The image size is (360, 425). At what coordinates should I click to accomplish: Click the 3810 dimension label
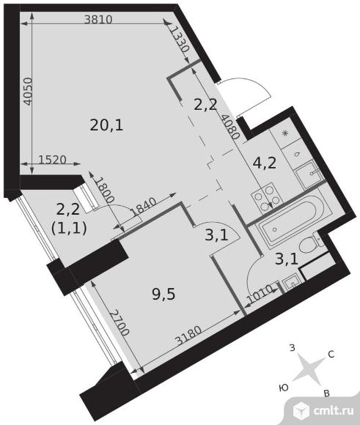tap(98, 19)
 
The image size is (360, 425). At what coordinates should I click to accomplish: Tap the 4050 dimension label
tap(28, 92)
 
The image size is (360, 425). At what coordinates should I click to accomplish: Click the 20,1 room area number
tap(106, 125)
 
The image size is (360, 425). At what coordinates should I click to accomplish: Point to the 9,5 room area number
tap(164, 295)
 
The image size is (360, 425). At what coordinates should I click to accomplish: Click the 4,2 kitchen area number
tap(265, 163)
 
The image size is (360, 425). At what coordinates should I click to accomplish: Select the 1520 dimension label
tap(52, 160)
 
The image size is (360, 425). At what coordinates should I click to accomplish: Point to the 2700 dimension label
tap(119, 322)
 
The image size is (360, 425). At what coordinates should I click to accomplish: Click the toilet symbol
tap(310, 242)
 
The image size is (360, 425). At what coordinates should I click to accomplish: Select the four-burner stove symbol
tap(266, 197)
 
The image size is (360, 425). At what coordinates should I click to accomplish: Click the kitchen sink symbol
tap(308, 174)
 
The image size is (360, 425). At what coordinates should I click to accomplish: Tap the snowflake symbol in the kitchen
tap(285, 133)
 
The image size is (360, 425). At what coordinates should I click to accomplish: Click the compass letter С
tap(331, 354)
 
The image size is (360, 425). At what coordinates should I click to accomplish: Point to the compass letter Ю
tap(283, 388)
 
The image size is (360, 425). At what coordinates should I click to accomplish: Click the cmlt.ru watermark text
tap(334, 411)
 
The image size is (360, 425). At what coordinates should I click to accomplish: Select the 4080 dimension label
tap(230, 127)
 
